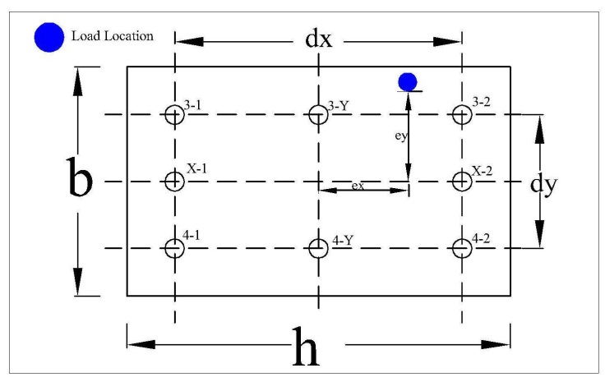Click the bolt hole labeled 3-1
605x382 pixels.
coord(174,114)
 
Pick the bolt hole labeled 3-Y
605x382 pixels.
coord(318,114)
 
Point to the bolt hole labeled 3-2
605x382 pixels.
coord(462,114)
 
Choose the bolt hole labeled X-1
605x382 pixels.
coord(174,181)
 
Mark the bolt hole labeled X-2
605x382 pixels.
coord(462,181)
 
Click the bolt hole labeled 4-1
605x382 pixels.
coord(174,247)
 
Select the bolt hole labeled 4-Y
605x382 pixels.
coord(318,247)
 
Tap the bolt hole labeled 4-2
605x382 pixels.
coord(462,247)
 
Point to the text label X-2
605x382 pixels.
coord(483,171)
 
